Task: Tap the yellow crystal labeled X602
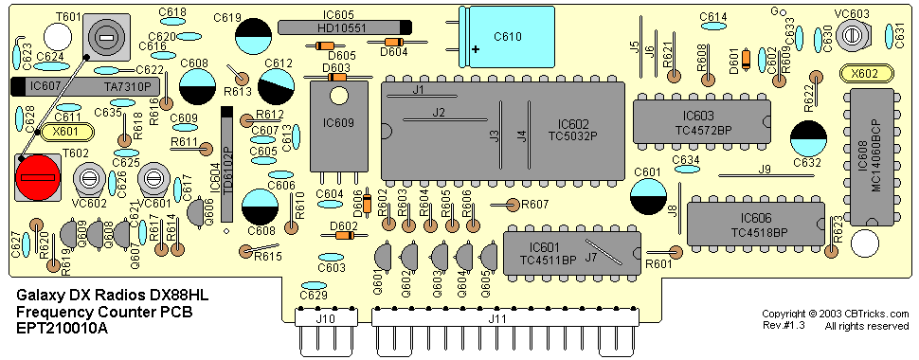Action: [x=866, y=74]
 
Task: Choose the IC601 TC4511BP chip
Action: [x=572, y=253]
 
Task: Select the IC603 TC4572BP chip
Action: [x=701, y=121]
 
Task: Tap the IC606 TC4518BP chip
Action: [x=756, y=224]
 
